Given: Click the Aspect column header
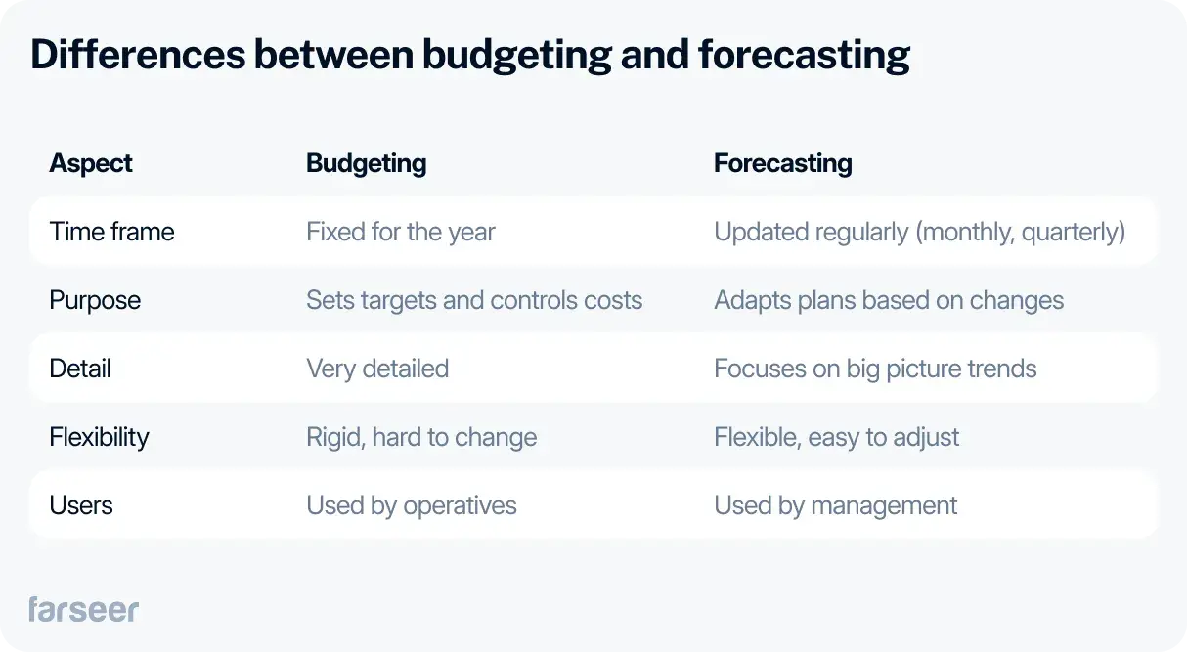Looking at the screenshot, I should point(91,163).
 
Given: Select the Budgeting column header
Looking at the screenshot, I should point(366,163).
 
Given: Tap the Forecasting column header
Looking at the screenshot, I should point(782,163).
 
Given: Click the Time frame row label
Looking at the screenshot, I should point(111,232).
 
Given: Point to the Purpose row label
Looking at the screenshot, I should point(95,300).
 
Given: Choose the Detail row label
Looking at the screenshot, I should point(80,369).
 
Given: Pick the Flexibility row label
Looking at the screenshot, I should point(99,437).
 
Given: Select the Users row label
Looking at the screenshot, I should point(81,505).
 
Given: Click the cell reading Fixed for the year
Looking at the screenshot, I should point(400,232).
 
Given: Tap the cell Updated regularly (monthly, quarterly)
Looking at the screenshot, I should point(919,232).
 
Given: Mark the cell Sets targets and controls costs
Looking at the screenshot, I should point(474,300).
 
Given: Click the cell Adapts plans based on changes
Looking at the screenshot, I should point(889,300).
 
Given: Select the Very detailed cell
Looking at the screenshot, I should point(377,369).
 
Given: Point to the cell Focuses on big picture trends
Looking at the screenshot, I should point(875,369).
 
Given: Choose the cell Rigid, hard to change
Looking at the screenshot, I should point(421,437).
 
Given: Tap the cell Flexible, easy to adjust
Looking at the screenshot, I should point(837,437).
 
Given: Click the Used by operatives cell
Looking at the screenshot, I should point(412,505).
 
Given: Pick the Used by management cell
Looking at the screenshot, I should point(836,505).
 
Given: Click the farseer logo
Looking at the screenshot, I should point(83,609).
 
